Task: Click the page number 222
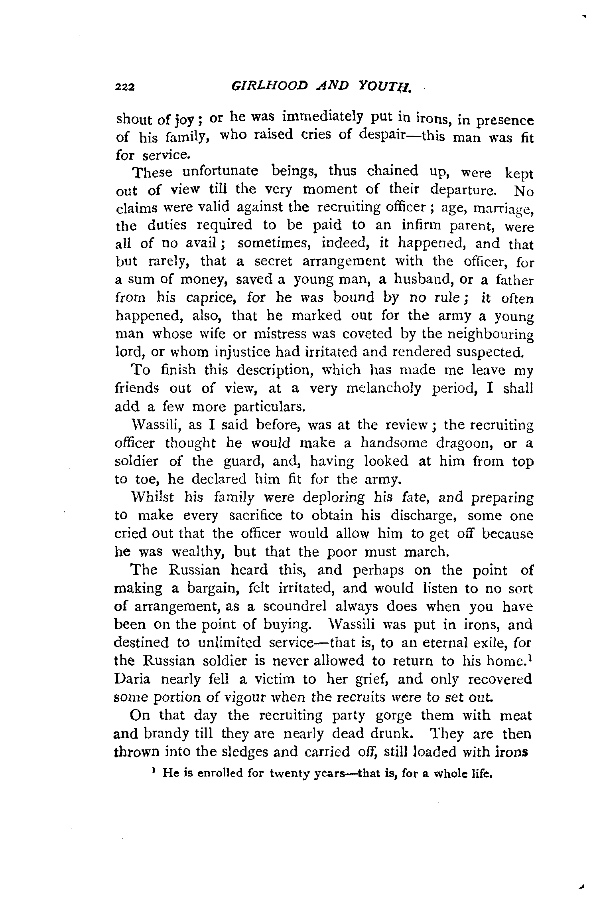coord(125,86)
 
